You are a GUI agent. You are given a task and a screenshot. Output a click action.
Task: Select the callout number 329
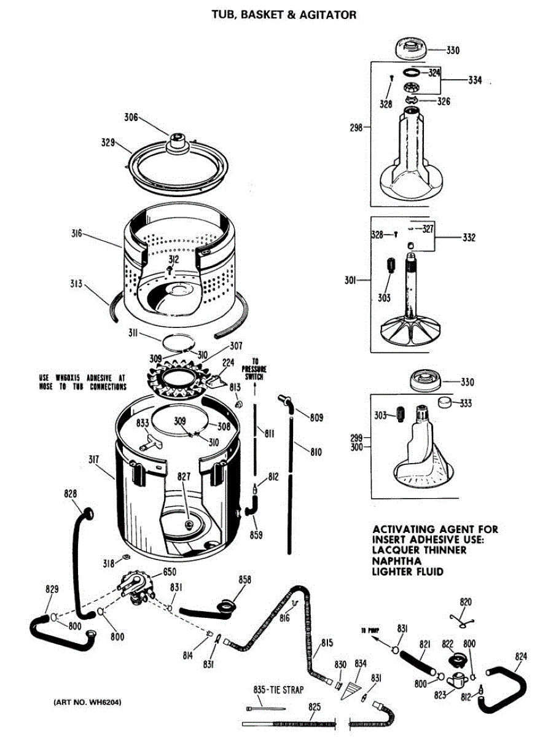tap(109, 142)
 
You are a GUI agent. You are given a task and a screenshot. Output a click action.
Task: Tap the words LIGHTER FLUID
tap(407, 571)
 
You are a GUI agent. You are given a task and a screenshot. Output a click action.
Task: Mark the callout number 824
tap(522, 657)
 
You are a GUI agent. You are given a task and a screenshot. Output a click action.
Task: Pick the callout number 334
tap(475, 80)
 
